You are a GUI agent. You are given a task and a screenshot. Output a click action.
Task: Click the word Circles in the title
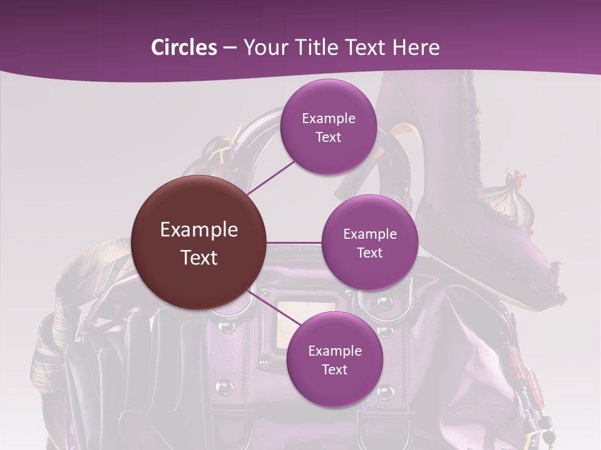tap(184, 47)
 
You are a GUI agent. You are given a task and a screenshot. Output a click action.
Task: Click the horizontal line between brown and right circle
tap(294, 242)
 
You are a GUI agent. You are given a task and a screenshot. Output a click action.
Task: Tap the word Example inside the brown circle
tap(198, 230)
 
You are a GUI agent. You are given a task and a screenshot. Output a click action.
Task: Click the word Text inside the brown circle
tap(198, 257)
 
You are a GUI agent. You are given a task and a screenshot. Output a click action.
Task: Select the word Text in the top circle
tap(328, 137)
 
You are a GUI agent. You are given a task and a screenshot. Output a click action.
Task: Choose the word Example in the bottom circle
tap(334, 351)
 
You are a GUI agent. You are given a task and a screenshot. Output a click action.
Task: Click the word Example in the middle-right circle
tap(369, 234)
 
